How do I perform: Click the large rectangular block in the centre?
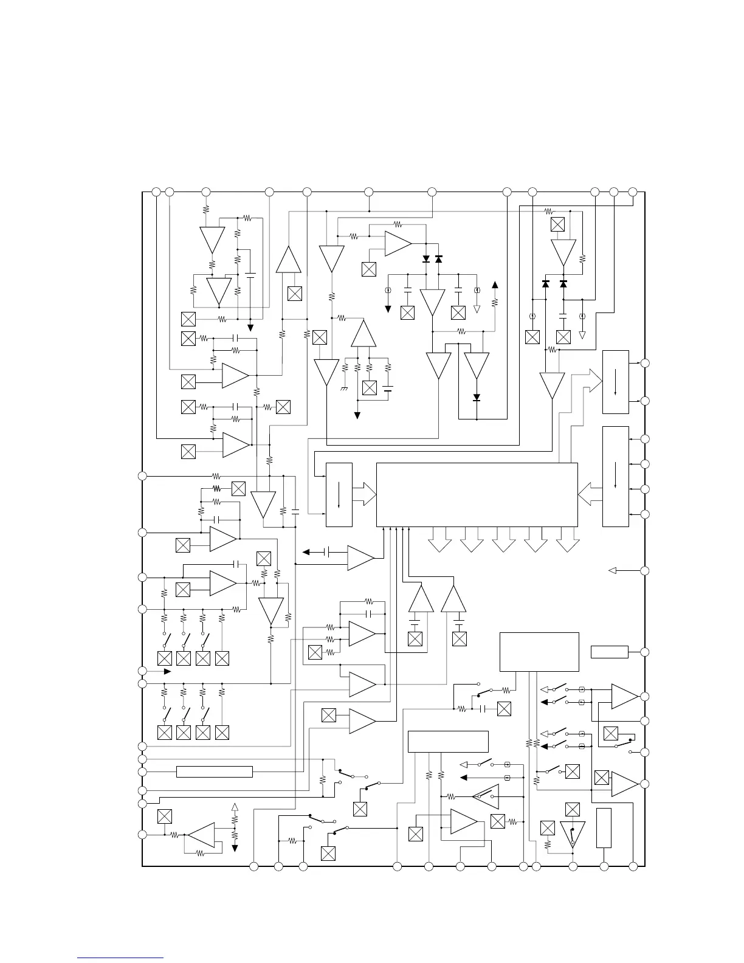[x=477, y=495]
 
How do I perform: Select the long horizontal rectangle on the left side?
[x=214, y=771]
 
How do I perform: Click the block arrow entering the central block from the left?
[x=365, y=494]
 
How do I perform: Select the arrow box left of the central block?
[x=339, y=495]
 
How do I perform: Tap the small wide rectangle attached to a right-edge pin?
[x=609, y=652]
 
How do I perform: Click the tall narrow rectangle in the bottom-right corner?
[x=604, y=828]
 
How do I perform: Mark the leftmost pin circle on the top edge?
[x=156, y=192]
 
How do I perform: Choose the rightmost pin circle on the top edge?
[x=632, y=192]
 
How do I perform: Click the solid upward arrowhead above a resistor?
[x=495, y=285]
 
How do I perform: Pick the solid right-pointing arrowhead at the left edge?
[x=167, y=671]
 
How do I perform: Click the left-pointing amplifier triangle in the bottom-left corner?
[x=201, y=835]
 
